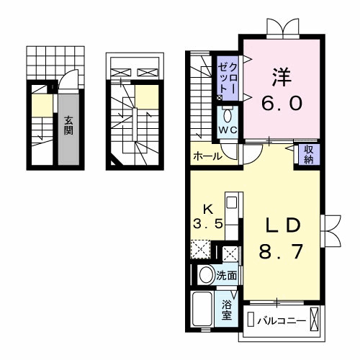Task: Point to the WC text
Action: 228,130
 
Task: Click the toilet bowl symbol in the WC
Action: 228,115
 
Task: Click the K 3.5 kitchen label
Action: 208,217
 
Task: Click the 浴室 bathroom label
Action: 226,310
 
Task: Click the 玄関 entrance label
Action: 68,127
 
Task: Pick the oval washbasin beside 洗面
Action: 205,274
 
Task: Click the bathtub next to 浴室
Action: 203,310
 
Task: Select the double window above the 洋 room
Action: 279,28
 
